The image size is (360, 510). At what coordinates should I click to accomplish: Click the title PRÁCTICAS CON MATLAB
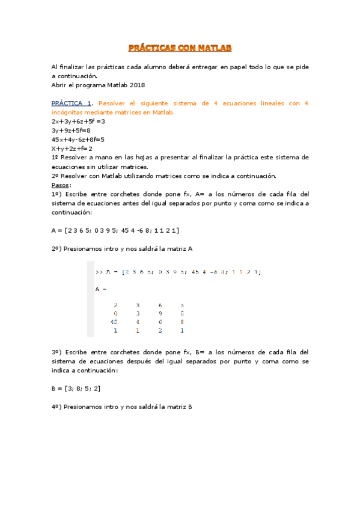[180, 47]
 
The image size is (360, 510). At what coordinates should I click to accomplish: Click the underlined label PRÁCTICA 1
[72, 103]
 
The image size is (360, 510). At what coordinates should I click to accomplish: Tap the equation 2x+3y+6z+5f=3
[78, 121]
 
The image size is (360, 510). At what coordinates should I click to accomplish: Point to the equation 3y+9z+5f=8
[71, 130]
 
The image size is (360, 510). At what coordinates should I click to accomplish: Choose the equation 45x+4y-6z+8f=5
[78, 139]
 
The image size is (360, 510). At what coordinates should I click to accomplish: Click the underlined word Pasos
[61, 185]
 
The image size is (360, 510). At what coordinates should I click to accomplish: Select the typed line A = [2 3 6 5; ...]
[115, 230]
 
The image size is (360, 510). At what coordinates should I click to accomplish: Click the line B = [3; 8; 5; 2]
[76, 389]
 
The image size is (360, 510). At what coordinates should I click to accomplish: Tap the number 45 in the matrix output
[114, 322]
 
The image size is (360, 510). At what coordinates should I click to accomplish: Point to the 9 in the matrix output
[160, 313]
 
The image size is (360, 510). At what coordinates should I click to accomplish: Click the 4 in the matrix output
[138, 322]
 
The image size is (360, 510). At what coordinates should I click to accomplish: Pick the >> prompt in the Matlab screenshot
[99, 272]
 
